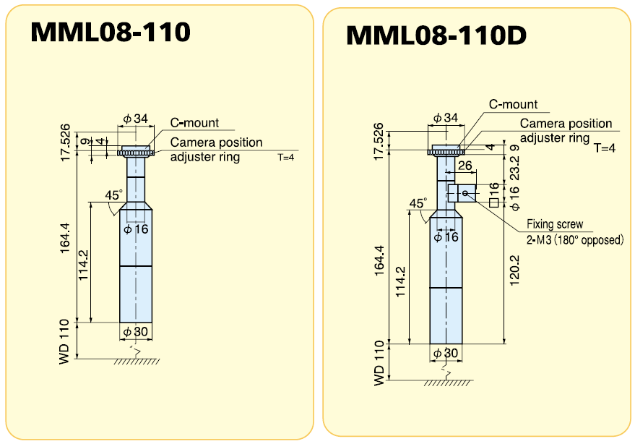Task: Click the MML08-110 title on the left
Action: (x=111, y=32)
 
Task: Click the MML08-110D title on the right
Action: (x=436, y=35)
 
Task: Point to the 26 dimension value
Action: (x=465, y=166)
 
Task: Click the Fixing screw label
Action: (x=554, y=224)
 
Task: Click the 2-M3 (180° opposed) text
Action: (x=574, y=239)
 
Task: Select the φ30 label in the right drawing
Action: (x=446, y=353)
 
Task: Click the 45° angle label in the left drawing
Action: (x=113, y=195)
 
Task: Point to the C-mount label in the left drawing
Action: (x=194, y=123)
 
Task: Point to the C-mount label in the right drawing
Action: (x=513, y=104)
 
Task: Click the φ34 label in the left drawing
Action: (x=135, y=119)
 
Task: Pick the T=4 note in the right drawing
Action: (x=604, y=148)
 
